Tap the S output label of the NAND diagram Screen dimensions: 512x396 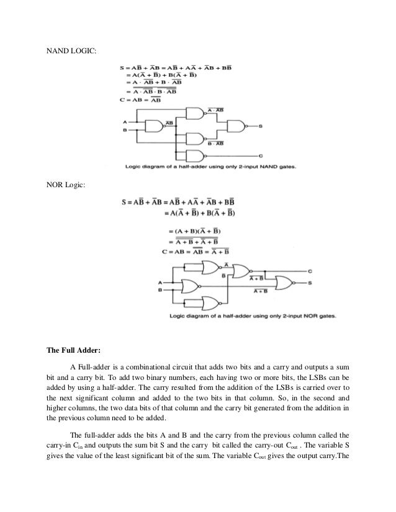[x=261, y=126]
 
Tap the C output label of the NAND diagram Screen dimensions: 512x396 [x=260, y=155]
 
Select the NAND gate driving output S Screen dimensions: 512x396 [x=236, y=126]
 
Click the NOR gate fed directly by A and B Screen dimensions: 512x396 [x=191, y=286]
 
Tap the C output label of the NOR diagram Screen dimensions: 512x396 [x=327, y=271]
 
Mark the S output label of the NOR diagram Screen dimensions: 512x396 [x=327, y=283]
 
